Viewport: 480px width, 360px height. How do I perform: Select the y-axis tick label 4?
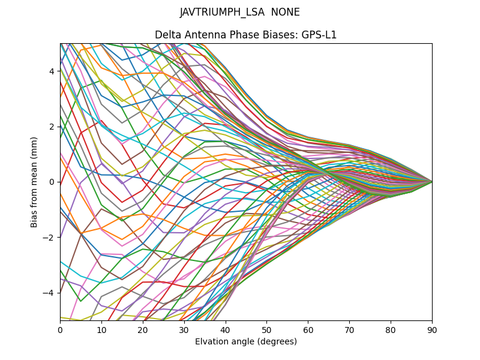(x=52, y=71)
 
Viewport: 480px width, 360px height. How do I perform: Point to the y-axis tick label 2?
(x=52, y=127)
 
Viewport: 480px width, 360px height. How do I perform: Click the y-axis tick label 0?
(x=52, y=182)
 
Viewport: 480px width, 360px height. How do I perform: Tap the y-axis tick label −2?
(x=50, y=237)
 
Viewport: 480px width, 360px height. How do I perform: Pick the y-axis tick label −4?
(x=50, y=292)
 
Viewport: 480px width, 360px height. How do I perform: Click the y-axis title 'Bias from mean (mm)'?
(x=34, y=181)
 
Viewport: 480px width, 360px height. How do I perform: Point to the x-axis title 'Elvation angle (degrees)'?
(x=246, y=341)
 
